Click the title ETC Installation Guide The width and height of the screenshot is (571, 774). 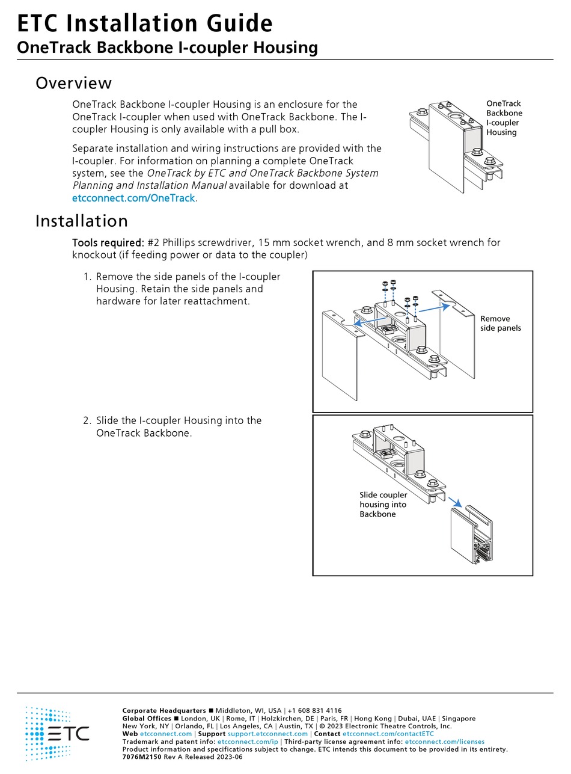(144, 23)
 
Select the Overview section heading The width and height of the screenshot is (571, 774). (73, 83)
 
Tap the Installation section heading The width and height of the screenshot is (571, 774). (81, 221)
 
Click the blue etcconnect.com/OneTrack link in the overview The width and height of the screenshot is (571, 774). (133, 198)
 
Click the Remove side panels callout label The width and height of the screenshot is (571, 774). (501, 323)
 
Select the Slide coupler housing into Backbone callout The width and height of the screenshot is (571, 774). (383, 505)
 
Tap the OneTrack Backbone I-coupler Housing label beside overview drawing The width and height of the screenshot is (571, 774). (504, 118)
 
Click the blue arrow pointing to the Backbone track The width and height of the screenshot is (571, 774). (456, 502)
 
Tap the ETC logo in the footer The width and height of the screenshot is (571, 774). (57, 733)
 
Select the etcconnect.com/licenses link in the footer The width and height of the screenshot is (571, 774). (444, 742)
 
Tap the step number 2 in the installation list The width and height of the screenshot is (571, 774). (87, 420)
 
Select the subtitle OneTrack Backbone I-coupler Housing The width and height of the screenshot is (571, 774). (167, 48)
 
